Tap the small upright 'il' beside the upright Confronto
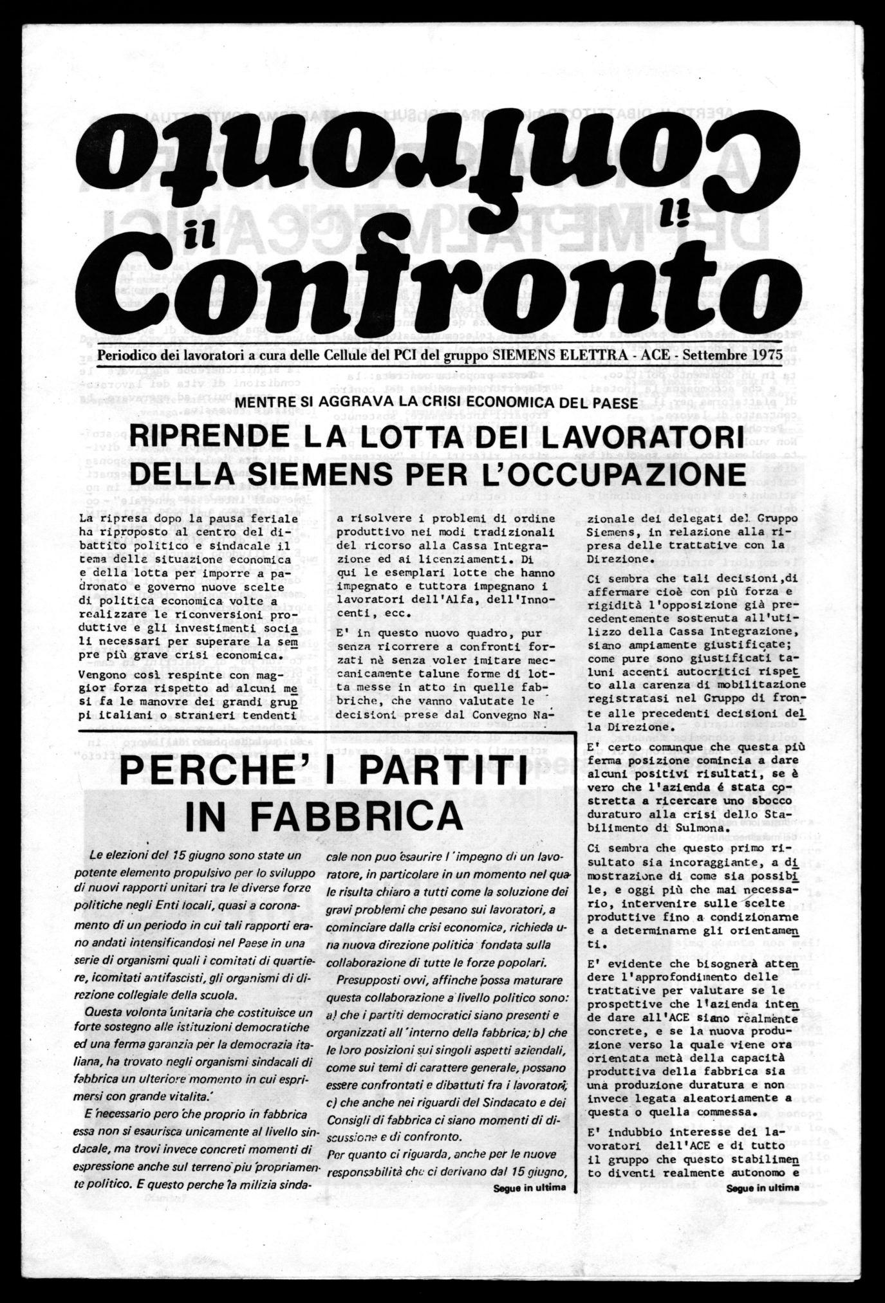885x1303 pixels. point(192,240)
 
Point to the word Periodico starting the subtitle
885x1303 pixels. point(126,354)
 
